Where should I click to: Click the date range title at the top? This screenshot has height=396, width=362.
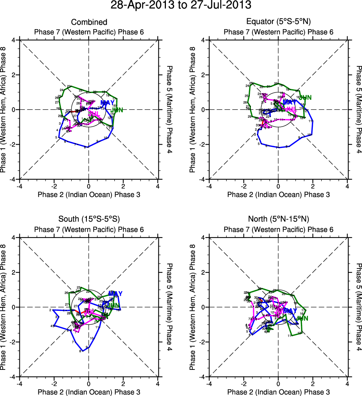[x=181, y=6]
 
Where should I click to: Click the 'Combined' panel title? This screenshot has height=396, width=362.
[x=89, y=22]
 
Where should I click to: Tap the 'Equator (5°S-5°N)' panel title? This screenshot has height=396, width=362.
[x=278, y=22]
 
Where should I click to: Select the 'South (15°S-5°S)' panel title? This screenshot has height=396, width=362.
[x=89, y=219]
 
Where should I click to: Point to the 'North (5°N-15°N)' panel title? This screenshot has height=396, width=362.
[x=278, y=219]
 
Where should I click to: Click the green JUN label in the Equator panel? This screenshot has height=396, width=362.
[x=305, y=98]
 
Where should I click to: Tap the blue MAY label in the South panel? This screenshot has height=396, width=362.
[x=115, y=294]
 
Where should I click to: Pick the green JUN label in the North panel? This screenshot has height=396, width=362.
[x=302, y=318]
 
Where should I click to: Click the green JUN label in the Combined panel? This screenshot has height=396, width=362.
[x=117, y=110]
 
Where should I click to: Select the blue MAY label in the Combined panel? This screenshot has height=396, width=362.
[x=107, y=103]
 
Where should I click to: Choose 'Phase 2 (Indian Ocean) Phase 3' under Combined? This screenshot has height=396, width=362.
[x=89, y=194]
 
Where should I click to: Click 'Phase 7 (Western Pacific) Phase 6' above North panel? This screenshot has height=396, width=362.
[x=278, y=229]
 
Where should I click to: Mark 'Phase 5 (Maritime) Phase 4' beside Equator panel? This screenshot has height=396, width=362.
[x=358, y=109]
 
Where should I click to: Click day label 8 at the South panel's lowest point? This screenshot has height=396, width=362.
[x=80, y=351]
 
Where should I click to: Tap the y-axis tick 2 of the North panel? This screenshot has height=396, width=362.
[x=205, y=272]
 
